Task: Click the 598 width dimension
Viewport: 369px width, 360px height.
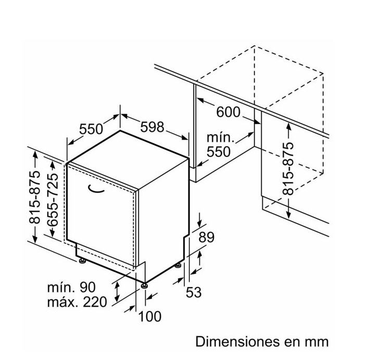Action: (152, 127)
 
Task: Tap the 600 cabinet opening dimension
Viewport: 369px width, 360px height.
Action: (228, 112)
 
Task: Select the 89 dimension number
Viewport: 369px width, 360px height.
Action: (207, 237)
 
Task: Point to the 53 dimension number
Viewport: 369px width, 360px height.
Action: (194, 292)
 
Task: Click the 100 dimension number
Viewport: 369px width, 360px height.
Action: (150, 316)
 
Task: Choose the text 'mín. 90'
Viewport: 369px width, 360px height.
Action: (71, 287)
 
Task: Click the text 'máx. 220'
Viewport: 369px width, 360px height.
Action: (77, 302)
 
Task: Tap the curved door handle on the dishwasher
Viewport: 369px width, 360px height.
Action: (96, 190)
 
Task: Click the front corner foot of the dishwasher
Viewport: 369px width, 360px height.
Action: (144, 285)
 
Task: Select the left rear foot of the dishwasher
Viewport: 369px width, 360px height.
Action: (82, 261)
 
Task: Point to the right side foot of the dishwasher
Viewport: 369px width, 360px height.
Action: (177, 266)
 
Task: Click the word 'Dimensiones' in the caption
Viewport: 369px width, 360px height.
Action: (238, 341)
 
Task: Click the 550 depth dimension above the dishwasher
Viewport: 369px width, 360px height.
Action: (91, 129)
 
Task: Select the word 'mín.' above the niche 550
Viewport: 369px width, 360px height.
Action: (221, 138)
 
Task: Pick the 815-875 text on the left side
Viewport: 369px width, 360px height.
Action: (34, 197)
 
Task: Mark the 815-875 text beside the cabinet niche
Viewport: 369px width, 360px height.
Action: (288, 169)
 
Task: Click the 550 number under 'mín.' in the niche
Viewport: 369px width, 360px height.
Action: (219, 152)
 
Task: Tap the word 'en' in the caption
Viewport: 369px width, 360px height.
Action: (292, 343)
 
